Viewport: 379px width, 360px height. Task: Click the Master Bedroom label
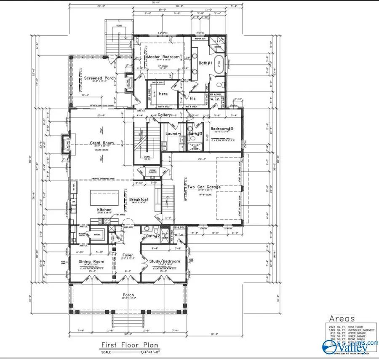click(x=163, y=57)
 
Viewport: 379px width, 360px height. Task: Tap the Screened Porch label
click(x=100, y=78)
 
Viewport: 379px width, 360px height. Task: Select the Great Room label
click(x=102, y=143)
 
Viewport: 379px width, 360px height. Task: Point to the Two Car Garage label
click(x=204, y=187)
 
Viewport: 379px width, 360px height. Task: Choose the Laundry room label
click(x=173, y=134)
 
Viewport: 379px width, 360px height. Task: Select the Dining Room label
click(x=91, y=261)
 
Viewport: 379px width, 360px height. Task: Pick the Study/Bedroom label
click(x=165, y=261)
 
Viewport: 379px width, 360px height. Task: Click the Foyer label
click(x=128, y=255)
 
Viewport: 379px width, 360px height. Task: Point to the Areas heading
click(x=342, y=319)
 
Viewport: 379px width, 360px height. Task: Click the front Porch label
click(x=128, y=295)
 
